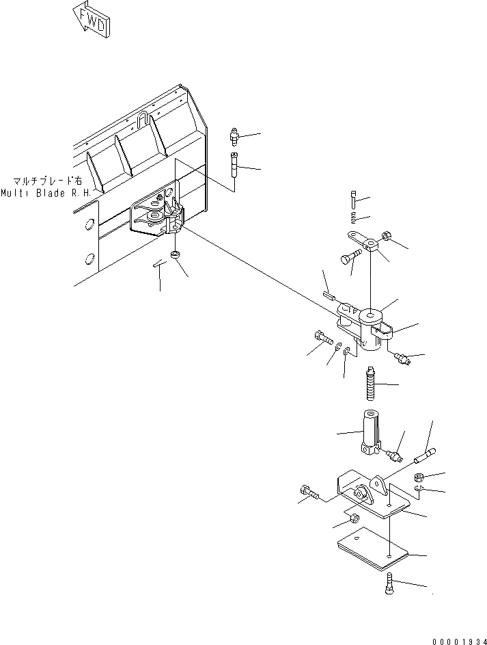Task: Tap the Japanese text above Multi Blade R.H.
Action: pos(46,182)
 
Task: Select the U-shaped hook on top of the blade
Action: pos(143,120)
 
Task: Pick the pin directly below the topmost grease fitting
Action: pos(235,166)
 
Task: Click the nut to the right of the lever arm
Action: pos(386,238)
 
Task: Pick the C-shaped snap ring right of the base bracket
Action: pos(420,490)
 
